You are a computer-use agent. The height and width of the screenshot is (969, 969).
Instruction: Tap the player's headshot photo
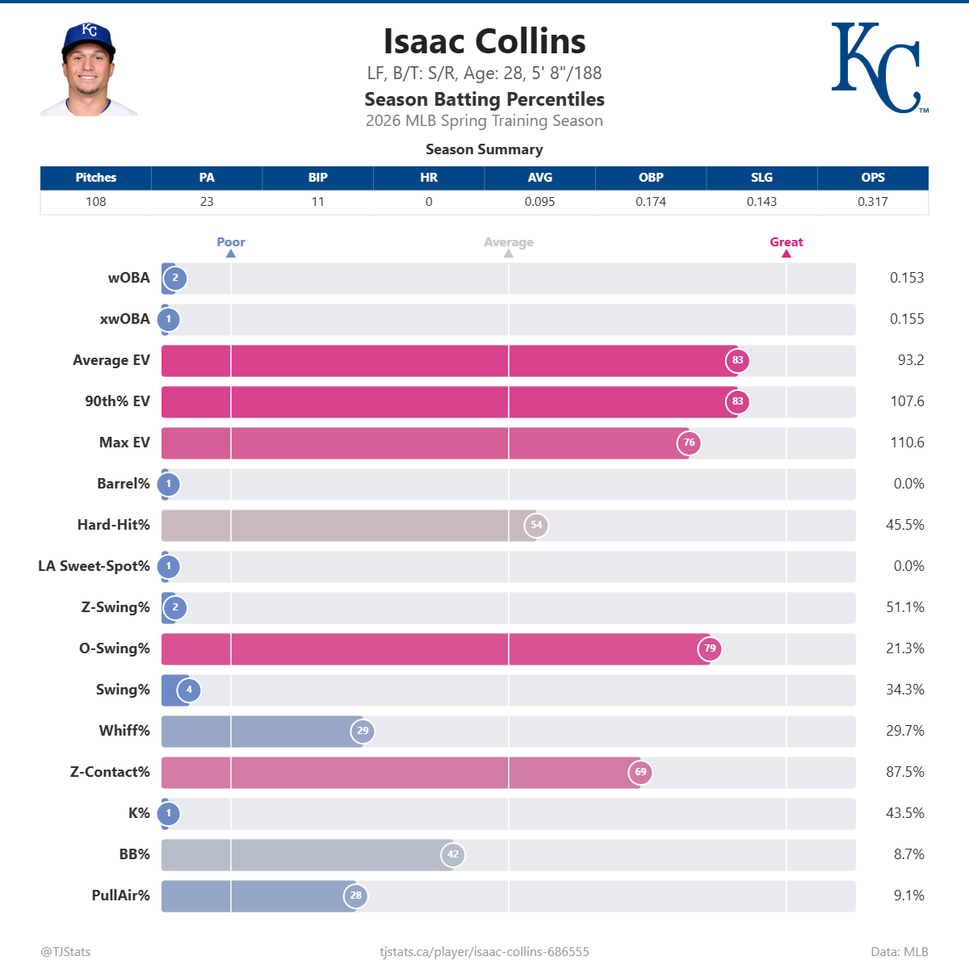point(89,71)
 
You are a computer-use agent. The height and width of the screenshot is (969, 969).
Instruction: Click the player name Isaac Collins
point(484,41)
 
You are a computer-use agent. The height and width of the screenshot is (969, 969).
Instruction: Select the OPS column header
point(872,178)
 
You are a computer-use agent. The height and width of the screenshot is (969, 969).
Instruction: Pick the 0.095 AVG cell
point(539,202)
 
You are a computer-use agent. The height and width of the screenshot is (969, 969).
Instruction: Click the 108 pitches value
point(96,202)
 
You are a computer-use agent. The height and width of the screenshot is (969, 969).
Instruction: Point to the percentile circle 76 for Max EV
point(689,443)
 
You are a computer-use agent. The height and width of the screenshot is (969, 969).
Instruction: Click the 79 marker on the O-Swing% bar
point(710,648)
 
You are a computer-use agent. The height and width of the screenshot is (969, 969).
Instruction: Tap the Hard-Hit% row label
point(114,525)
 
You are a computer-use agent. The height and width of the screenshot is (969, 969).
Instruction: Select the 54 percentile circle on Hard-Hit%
point(536,525)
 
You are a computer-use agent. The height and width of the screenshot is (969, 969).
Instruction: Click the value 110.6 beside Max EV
point(907,443)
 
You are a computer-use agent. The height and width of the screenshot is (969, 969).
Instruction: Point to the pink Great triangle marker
point(787,254)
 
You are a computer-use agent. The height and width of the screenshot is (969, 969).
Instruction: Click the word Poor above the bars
point(231,242)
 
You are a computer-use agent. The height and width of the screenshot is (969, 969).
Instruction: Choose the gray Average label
point(509,242)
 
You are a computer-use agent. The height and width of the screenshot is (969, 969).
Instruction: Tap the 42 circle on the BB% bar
point(453,854)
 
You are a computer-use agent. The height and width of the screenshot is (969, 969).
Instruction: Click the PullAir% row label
point(121,896)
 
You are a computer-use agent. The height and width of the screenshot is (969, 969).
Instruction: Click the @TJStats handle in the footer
point(65,952)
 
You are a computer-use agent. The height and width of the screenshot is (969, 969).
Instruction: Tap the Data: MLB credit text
point(899,952)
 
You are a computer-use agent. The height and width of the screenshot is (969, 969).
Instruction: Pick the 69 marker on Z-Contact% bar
point(640,772)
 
